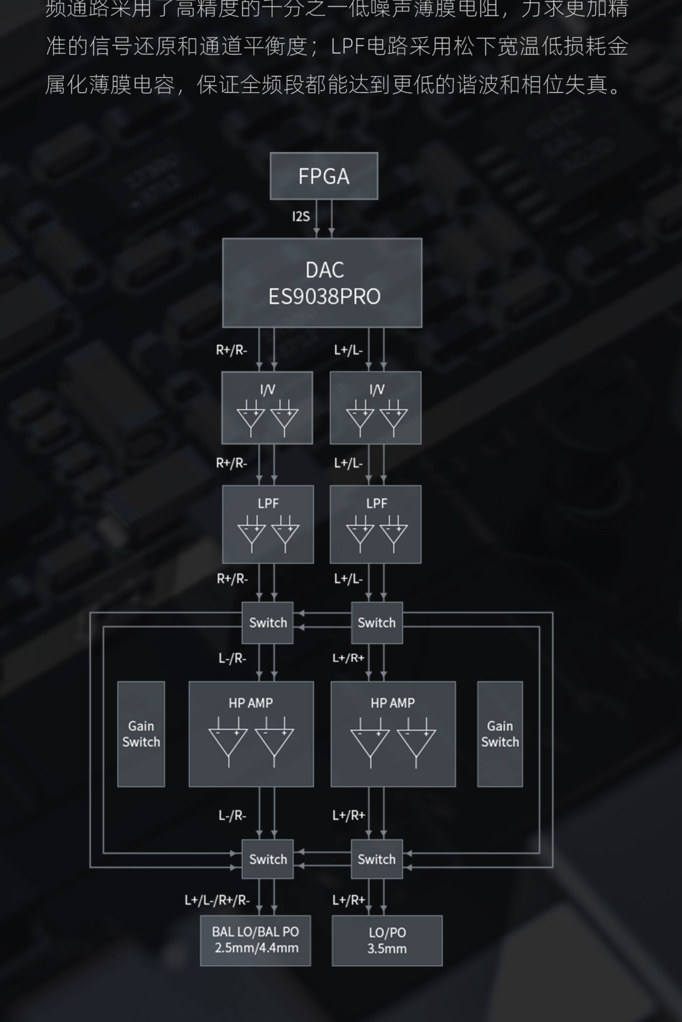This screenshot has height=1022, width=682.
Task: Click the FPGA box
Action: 324,176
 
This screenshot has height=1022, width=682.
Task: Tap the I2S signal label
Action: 301,216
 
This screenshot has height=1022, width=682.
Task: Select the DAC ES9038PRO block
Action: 322,283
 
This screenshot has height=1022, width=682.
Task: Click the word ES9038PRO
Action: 324,296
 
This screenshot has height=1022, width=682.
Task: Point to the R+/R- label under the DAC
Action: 231,350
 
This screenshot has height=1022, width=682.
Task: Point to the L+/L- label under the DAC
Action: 348,350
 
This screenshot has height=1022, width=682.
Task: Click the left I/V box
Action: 267,408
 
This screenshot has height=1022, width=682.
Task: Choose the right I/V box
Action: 375,408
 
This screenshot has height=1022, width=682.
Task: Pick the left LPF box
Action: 268,524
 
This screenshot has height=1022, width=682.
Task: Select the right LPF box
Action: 375,524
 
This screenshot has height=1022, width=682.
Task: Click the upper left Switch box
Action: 268,623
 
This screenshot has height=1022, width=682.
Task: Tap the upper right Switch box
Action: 377,623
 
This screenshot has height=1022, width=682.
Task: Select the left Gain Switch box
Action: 141,734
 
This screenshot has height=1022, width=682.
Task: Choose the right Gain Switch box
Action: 500,734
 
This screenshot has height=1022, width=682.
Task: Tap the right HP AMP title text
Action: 393,703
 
